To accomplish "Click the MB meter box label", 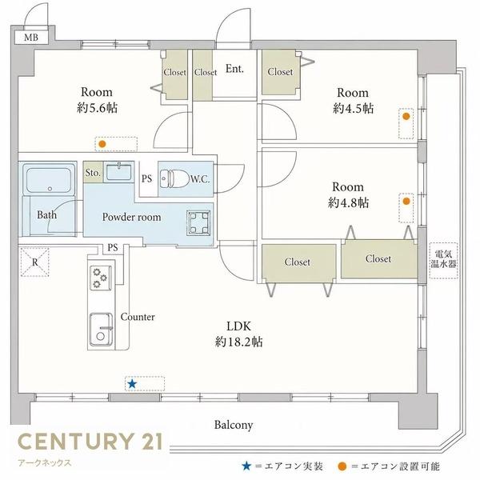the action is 31,38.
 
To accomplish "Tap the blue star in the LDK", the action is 132,383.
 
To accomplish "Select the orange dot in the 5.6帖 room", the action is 102,144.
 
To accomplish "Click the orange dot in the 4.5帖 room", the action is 406,116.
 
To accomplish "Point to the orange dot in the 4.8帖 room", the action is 406,201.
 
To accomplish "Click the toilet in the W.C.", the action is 174,178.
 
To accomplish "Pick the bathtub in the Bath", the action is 50,180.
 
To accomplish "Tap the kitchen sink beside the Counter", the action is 101,329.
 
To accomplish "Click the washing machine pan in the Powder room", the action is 199,223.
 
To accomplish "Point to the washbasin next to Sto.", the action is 118,172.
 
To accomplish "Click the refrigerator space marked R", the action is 35,262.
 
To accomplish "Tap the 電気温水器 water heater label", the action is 443,259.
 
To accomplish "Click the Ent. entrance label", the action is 234,69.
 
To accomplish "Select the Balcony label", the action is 234,426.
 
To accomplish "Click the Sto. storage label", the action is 93,173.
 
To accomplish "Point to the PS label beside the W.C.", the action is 146,178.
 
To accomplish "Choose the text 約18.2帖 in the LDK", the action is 238,342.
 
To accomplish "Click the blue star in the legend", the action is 246,466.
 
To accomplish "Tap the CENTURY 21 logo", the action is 90,441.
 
